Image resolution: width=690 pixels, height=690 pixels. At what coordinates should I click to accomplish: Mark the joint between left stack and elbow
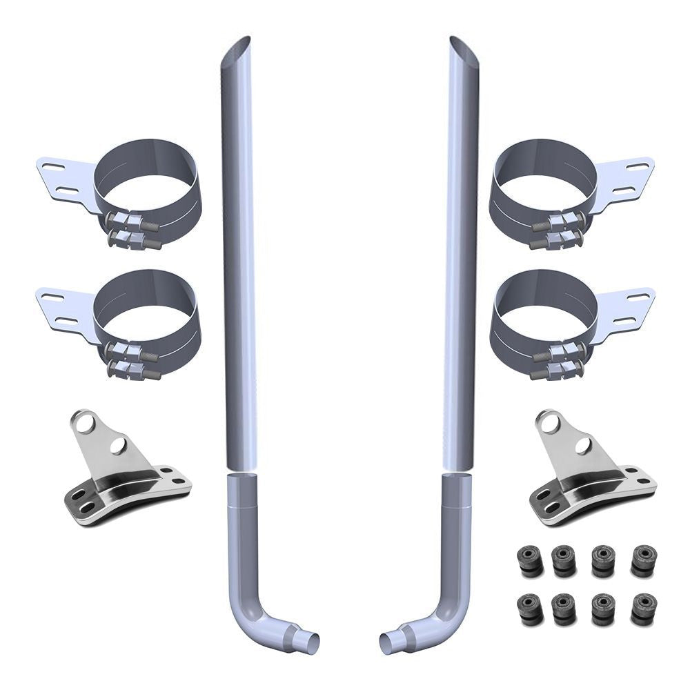pyautogui.click(x=241, y=473)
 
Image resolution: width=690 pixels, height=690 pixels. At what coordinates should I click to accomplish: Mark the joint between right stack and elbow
pyautogui.click(x=458, y=473)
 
